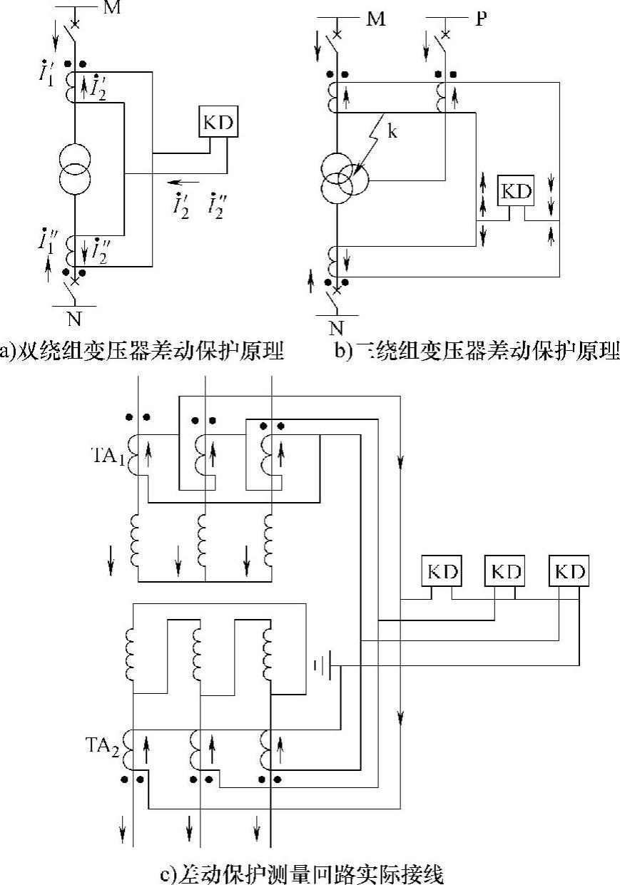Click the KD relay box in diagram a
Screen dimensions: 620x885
[x=218, y=121]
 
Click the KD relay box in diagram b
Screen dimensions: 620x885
[x=516, y=191]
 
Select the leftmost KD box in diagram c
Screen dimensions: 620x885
[x=442, y=571]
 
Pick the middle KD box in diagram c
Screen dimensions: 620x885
[x=504, y=571]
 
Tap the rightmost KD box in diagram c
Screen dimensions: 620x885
[x=569, y=571]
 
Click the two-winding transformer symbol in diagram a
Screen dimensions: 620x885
[x=74, y=170]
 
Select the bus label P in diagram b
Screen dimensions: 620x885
[x=480, y=19]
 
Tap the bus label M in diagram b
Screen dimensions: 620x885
[x=376, y=19]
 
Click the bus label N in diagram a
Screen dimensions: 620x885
[x=74, y=319]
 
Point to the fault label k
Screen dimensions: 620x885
[x=392, y=131]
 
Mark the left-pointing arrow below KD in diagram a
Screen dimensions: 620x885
[x=183, y=182]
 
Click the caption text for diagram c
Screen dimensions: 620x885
[x=303, y=874]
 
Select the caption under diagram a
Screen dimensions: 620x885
[x=142, y=349]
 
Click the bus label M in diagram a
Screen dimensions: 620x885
[x=112, y=7]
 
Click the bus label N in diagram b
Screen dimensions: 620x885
[x=336, y=327]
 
